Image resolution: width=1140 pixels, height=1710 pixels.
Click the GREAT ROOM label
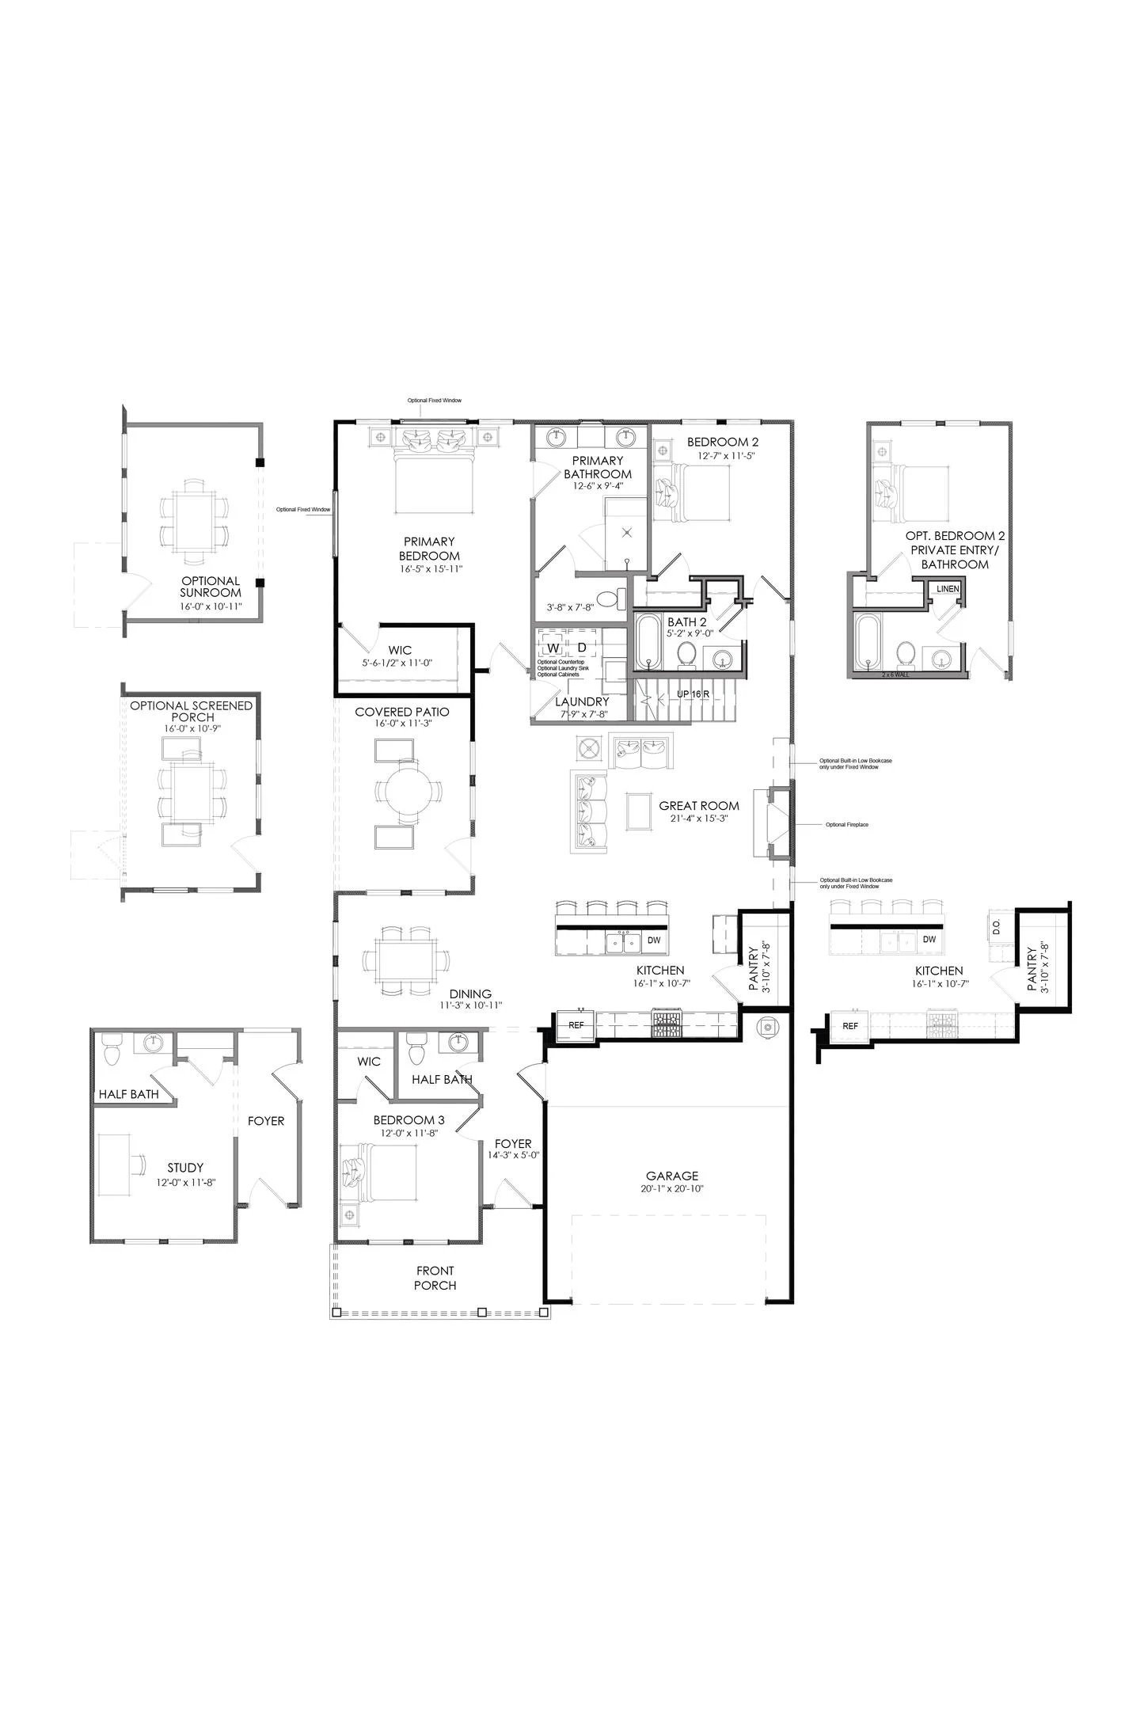pyautogui.click(x=699, y=806)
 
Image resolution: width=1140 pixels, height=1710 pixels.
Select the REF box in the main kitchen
pyautogui.click(x=576, y=1024)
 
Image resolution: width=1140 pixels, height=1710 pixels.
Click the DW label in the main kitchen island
pyautogui.click(x=654, y=940)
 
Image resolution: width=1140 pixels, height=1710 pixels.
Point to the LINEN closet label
pyautogui.click(x=948, y=589)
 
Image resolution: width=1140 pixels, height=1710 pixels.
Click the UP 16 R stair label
pyautogui.click(x=693, y=693)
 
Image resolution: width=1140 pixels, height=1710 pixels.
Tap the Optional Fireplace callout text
pyautogui.click(x=846, y=825)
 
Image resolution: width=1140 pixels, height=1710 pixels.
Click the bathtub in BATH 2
pyautogui.click(x=648, y=643)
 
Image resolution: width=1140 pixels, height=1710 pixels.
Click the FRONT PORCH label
pyautogui.click(x=435, y=1278)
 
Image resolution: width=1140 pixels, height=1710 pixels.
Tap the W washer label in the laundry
pyautogui.click(x=553, y=648)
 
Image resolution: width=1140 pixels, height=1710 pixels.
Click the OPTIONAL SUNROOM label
pyautogui.click(x=210, y=587)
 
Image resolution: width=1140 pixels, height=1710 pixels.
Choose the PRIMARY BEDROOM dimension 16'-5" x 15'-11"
pyautogui.click(x=429, y=569)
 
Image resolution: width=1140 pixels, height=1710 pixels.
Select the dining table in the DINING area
pyautogui.click(x=407, y=960)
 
